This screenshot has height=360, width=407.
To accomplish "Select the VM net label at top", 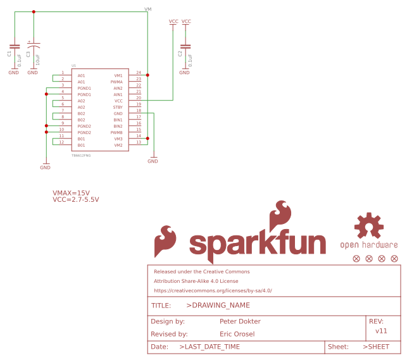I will click(x=148, y=9).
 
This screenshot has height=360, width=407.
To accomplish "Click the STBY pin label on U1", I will click(x=118, y=108).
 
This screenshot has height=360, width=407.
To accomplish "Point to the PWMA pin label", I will click(x=117, y=82).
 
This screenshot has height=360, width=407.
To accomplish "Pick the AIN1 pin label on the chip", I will click(x=118, y=95).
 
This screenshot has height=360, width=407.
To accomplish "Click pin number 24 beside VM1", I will click(x=139, y=73).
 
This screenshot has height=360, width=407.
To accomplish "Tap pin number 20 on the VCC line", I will click(x=139, y=98).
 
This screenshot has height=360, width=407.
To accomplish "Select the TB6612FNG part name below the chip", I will click(x=81, y=155).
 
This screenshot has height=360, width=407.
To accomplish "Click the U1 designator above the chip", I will click(x=74, y=66).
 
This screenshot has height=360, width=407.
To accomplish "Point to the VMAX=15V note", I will click(x=71, y=192).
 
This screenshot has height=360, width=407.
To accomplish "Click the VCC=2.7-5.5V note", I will click(x=76, y=199).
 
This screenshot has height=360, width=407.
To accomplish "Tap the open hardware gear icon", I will click(x=369, y=227).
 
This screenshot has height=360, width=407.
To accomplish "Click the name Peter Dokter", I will click(x=240, y=321).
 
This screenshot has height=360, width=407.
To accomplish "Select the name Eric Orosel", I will click(x=237, y=334).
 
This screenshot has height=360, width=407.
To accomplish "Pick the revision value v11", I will click(x=381, y=331).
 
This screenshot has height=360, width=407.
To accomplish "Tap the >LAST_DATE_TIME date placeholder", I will click(x=210, y=347).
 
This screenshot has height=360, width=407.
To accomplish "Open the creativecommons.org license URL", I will click(x=213, y=291).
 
